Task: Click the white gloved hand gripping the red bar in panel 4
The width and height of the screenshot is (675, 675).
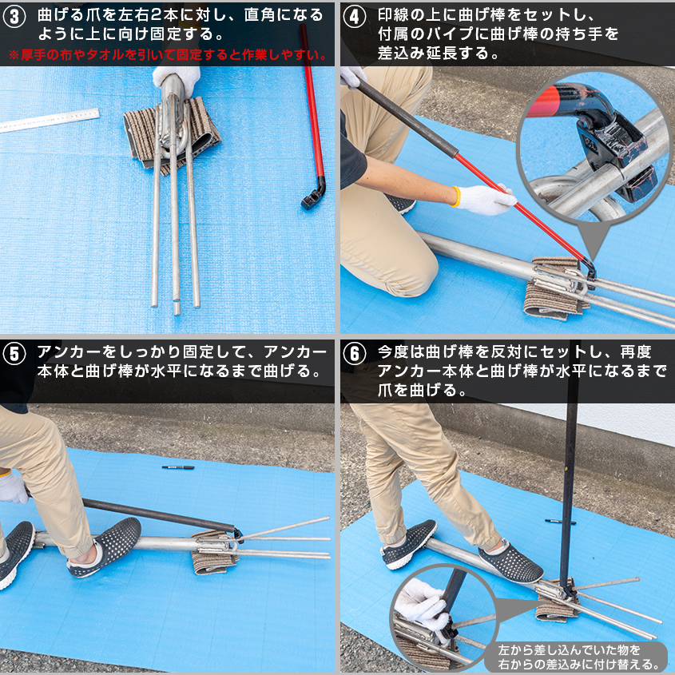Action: pos(484,199)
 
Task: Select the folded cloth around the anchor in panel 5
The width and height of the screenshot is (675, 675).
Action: pos(214,551)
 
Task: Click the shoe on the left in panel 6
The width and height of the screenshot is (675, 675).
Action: pos(408,543)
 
